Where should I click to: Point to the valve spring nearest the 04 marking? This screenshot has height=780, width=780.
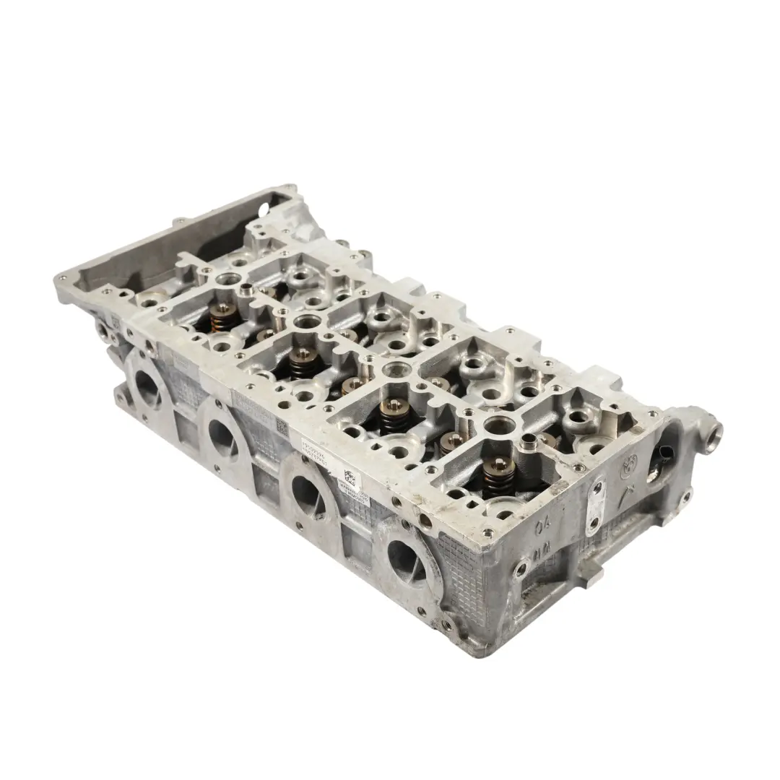[x=498, y=478]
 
